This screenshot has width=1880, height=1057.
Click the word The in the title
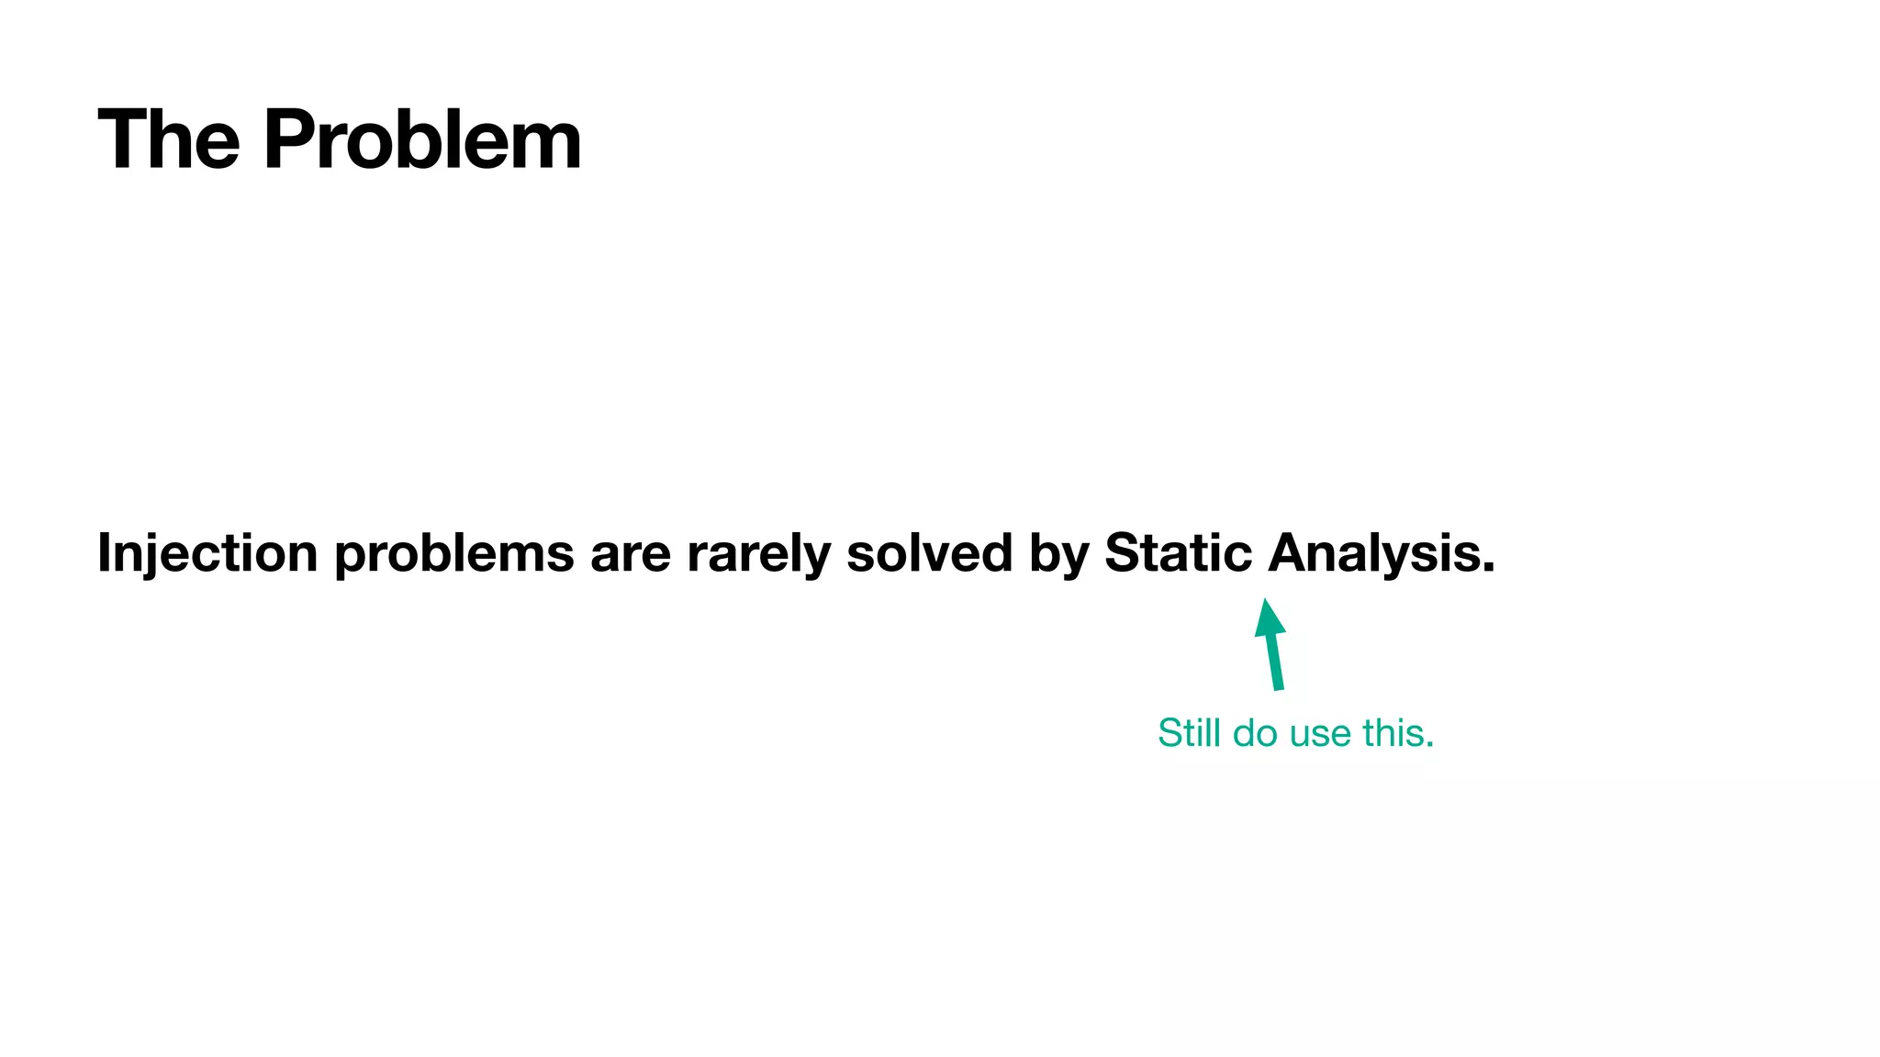[x=169, y=140]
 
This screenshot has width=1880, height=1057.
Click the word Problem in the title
[x=422, y=140]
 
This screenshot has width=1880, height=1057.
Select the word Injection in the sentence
[x=207, y=553]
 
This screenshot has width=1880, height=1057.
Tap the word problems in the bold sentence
[x=454, y=553]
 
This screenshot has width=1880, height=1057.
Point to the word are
[x=631, y=553]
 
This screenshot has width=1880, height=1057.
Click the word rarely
[x=758, y=553]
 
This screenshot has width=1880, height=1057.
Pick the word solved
[x=929, y=553]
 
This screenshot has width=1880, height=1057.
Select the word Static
[x=1178, y=553]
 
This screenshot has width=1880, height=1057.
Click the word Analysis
[x=1373, y=553]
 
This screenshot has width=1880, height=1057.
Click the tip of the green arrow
[x=1266, y=601]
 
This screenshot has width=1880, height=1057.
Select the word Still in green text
[x=1189, y=733]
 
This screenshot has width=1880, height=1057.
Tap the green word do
[x=1255, y=733]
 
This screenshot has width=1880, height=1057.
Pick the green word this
[x=1393, y=733]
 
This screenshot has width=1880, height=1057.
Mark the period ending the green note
[x=1429, y=745]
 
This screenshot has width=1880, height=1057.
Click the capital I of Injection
[x=104, y=553]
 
